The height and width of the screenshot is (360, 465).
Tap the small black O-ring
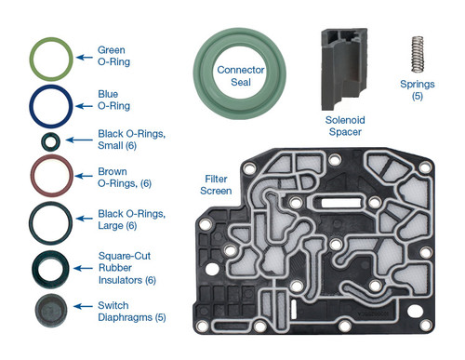(x=48, y=141)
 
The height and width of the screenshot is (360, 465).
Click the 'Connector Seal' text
(x=241, y=76)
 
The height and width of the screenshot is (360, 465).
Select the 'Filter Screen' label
(x=218, y=184)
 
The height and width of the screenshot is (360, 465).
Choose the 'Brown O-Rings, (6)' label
(x=126, y=178)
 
